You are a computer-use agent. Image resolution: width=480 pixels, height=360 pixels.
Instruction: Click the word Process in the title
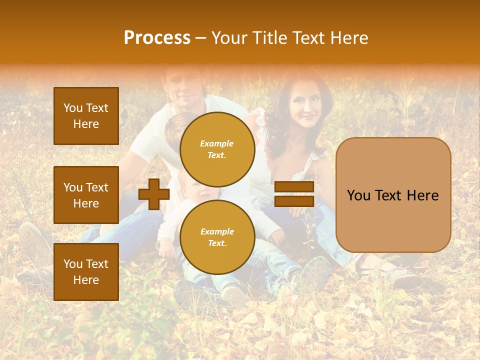coord(157,38)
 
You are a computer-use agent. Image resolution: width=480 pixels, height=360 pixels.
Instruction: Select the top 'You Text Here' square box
coord(86,116)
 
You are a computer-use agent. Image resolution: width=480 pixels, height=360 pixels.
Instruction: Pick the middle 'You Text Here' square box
coord(86,195)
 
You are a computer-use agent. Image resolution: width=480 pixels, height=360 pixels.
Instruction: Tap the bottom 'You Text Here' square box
coord(86,271)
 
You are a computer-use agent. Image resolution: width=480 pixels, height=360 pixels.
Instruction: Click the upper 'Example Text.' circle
coord(217,149)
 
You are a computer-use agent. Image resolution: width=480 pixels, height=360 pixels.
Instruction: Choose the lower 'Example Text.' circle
coord(217,237)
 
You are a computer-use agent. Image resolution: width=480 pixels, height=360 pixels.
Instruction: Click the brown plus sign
coord(153,194)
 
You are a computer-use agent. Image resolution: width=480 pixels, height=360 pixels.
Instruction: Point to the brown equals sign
coord(294,194)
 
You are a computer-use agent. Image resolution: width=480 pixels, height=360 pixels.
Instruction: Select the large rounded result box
coord(393,195)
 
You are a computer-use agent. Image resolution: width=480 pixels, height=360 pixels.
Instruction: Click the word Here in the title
coord(348,38)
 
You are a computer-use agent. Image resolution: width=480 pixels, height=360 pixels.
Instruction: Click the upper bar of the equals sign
coord(294,187)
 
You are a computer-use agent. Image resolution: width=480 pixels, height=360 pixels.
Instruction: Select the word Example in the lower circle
coord(217,231)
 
